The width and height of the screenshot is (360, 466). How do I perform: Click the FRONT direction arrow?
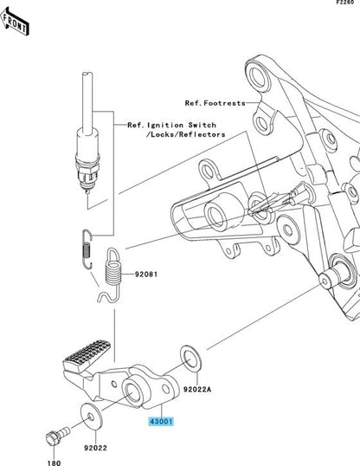(15, 22)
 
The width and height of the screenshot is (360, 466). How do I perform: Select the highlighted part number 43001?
(161, 422)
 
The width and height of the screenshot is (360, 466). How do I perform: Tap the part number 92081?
(146, 274)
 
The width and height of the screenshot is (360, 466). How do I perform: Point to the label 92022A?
(197, 389)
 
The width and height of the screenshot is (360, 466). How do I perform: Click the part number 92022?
(95, 448)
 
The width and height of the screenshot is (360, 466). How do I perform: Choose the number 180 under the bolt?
(54, 463)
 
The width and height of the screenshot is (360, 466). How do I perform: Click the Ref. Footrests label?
(215, 103)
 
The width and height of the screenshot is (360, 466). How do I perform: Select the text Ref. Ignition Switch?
(171, 125)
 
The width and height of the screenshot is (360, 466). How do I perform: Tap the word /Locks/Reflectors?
(186, 134)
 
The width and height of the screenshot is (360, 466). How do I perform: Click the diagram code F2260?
(345, 2)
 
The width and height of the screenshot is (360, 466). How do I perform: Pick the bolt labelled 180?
(57, 436)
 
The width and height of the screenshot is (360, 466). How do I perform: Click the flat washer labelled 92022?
(92, 417)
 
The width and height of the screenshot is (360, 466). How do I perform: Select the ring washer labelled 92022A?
(190, 359)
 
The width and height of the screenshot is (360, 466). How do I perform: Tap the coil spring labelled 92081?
(112, 274)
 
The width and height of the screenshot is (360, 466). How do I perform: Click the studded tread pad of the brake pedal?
(87, 355)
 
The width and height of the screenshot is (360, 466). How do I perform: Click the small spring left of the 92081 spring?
(87, 249)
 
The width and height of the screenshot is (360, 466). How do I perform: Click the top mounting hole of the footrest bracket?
(257, 76)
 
